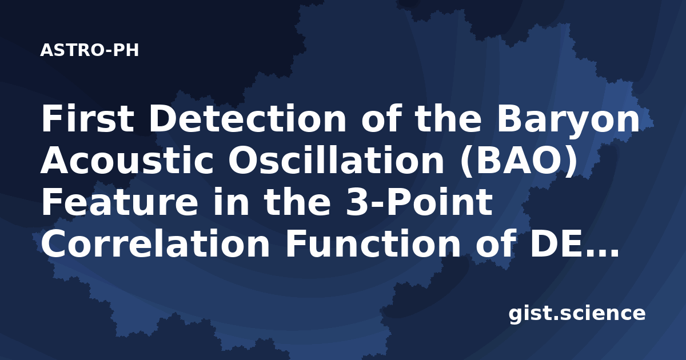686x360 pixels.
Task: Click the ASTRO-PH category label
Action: click(89, 50)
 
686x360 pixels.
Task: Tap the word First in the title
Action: click(87, 118)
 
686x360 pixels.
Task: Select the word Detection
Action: click(248, 118)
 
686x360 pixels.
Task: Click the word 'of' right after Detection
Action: click(380, 118)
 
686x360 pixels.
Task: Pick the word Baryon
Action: click(569, 121)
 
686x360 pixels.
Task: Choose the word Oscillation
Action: click(336, 160)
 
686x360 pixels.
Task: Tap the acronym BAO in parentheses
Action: click(519, 160)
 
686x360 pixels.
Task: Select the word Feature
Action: click(119, 202)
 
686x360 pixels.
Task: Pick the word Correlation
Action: click(155, 243)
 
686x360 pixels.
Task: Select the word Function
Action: click(372, 243)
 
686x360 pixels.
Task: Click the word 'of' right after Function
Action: click(494, 243)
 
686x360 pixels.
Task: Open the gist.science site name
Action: click(577, 314)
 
